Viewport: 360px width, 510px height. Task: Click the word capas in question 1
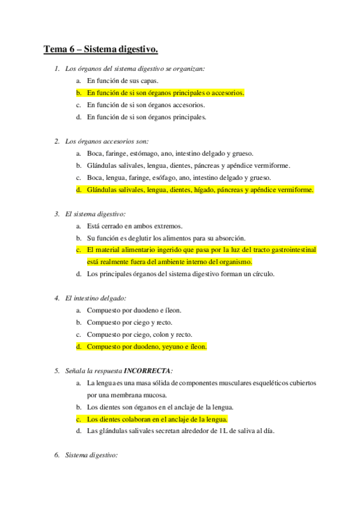(150, 81)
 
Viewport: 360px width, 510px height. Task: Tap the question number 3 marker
(57, 214)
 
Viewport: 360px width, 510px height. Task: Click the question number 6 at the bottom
(57, 455)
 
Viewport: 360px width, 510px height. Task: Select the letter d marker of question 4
(79, 346)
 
